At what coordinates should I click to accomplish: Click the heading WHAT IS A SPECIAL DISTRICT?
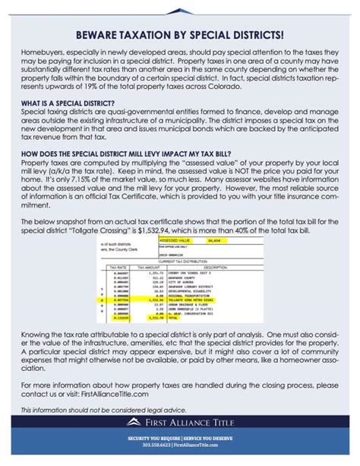[68, 103]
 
